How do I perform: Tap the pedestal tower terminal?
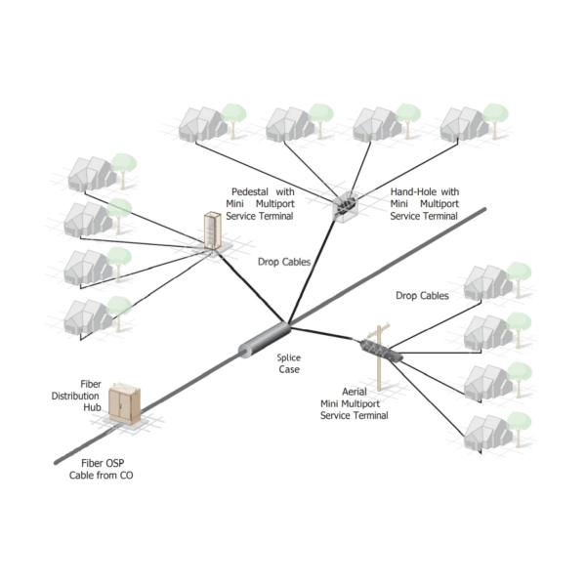211,231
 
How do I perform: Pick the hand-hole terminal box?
347,204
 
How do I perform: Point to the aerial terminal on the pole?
377,348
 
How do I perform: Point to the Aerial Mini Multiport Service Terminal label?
354,403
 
